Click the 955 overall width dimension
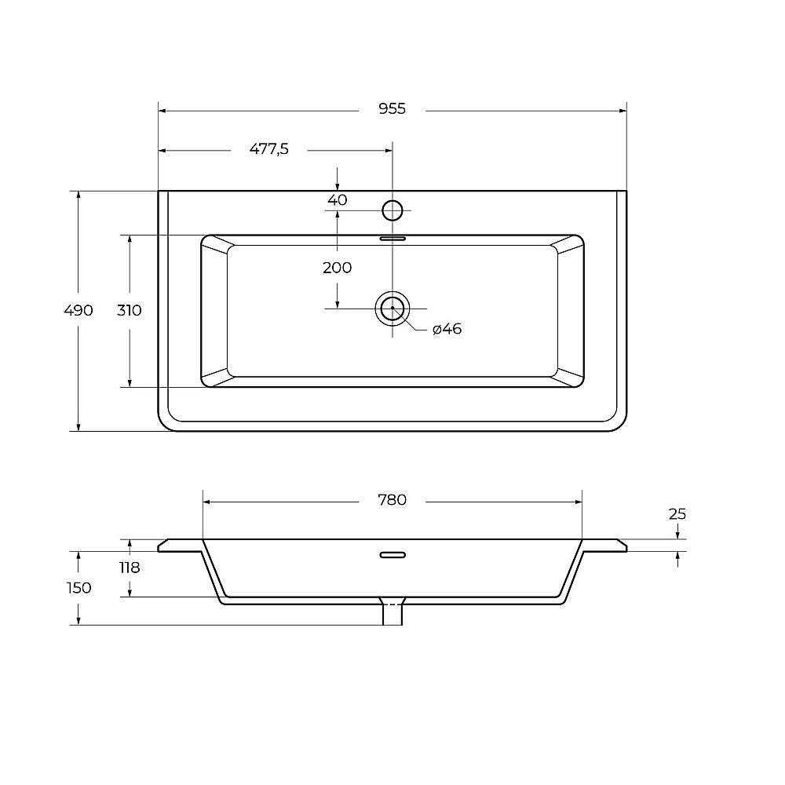click(392, 108)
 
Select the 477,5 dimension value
click(268, 148)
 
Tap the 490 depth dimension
click(78, 310)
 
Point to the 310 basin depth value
click(130, 310)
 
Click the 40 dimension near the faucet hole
click(338, 200)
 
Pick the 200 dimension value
click(338, 268)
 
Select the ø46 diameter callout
click(447, 329)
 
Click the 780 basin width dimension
click(392, 499)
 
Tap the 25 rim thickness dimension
click(677, 514)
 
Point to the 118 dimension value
click(130, 568)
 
